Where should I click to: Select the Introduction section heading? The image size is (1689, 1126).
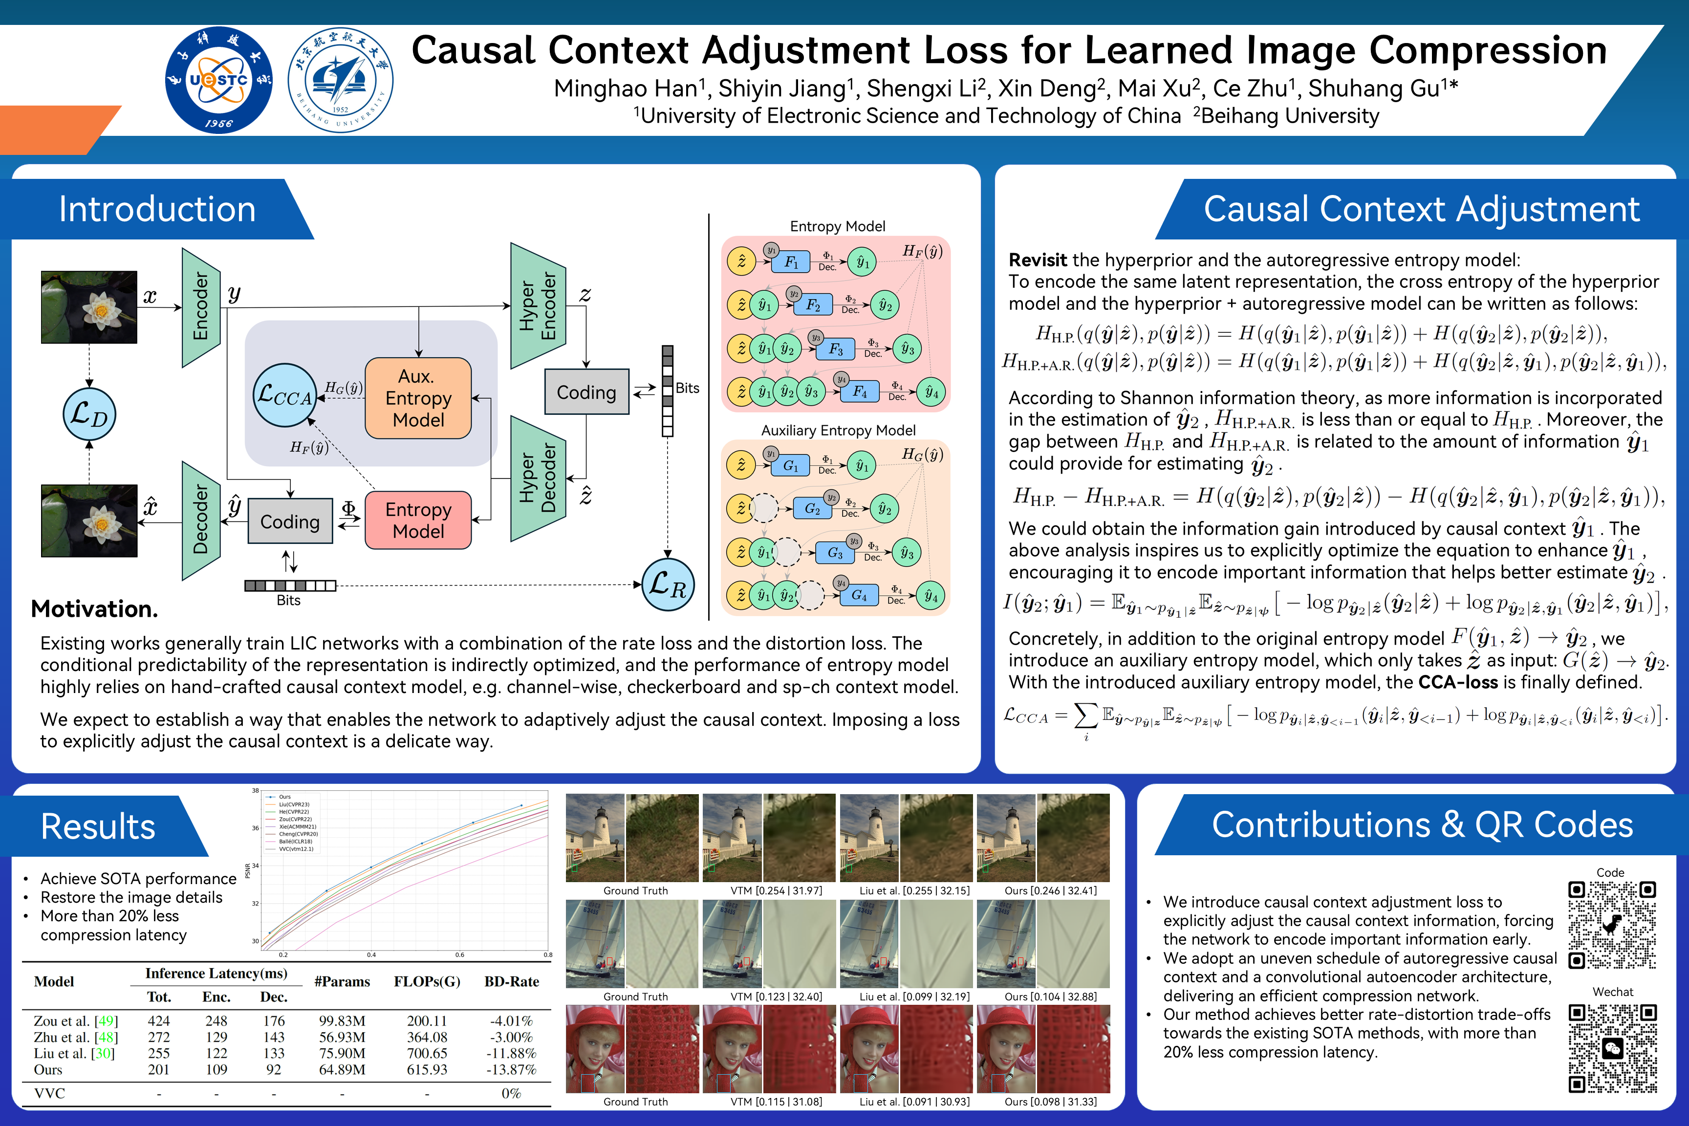[157, 209]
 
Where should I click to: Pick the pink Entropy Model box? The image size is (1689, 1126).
[418, 520]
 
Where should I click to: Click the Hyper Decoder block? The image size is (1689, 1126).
[538, 477]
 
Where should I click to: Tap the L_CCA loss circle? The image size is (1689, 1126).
[285, 395]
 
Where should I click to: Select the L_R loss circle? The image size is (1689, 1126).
[667, 585]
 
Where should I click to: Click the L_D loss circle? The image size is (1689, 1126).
[89, 414]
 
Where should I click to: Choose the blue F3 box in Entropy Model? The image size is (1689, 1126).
[835, 349]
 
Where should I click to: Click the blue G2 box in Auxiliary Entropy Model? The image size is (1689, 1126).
[812, 509]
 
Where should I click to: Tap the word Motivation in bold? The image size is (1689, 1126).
[94, 609]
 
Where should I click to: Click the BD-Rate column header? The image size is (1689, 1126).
[511, 981]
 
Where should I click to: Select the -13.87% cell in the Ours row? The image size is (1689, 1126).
[511, 1069]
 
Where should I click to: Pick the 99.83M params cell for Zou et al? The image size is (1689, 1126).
[342, 1020]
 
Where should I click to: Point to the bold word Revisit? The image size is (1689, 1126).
[1038, 260]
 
